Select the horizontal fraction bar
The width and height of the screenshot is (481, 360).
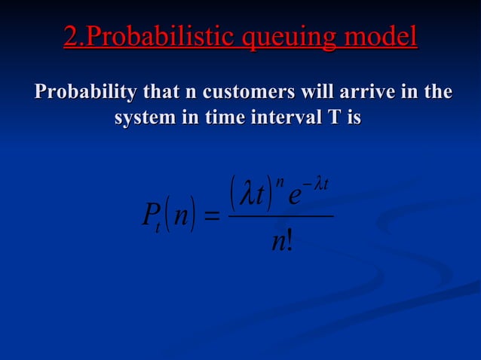280,217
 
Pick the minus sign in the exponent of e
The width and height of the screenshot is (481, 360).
308,181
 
